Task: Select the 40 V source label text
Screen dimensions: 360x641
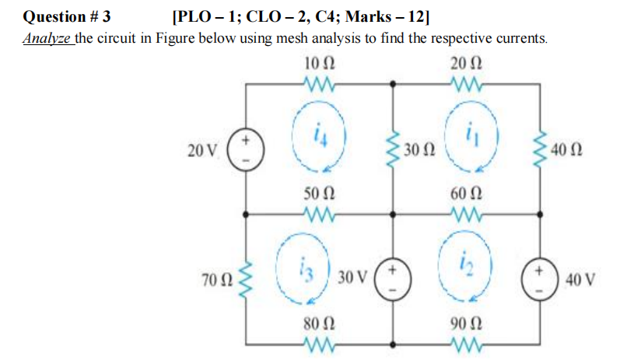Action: coord(581,278)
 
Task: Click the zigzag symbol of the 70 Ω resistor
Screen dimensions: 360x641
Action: coord(247,277)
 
